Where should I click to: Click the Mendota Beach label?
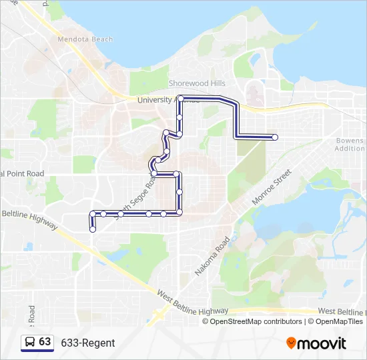point(85,39)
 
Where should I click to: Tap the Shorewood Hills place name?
point(197,83)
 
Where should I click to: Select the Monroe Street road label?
point(272,187)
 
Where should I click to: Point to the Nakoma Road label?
point(212,257)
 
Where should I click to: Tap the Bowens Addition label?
point(350,145)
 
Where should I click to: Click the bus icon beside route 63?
point(30,342)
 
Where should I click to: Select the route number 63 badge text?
point(45,341)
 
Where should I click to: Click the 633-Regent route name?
point(88,343)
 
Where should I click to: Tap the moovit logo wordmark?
point(322,343)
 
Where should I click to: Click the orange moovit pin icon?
point(291,343)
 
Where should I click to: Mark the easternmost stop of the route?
point(275,137)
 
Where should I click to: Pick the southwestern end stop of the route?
point(92,229)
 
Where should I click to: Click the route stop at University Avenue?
point(180,99)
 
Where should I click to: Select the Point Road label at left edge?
point(22,173)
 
